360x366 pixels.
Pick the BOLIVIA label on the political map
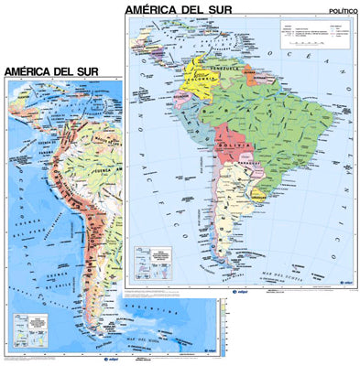tap(230, 145)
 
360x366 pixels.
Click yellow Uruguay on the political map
tap(259, 194)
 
